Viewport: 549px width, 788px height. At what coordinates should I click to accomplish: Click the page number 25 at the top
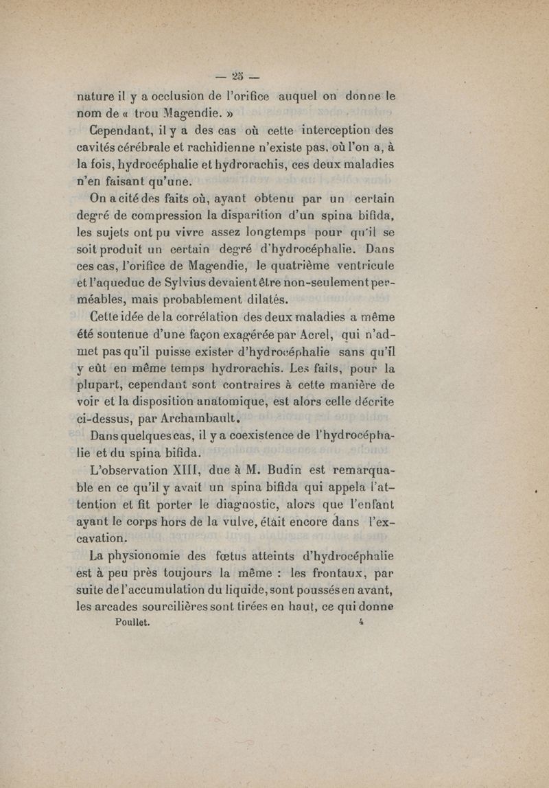click(x=237, y=74)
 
